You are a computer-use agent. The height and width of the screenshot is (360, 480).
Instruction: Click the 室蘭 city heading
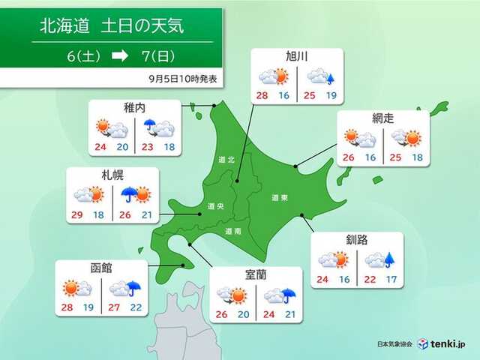tap(256, 274)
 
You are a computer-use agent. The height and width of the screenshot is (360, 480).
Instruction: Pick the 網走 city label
tap(382, 118)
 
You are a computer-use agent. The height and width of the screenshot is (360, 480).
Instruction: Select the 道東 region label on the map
tap(280, 198)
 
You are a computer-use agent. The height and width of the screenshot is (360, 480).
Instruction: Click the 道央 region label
tap(213, 207)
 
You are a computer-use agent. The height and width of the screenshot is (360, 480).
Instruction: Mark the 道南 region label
tap(232, 232)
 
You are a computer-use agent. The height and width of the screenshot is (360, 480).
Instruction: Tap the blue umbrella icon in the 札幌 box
tap(129, 195)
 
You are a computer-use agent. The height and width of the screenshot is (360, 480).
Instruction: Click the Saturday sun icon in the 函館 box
tap(71, 287)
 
